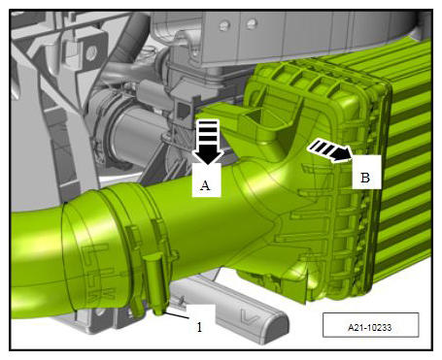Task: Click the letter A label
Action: tap(205, 185)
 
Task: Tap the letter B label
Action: tap(365, 178)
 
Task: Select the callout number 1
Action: tap(199, 327)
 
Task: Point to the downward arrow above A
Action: tap(208, 142)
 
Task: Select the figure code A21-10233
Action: tap(370, 328)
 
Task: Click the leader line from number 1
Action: tap(176, 315)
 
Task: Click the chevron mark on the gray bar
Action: tap(250, 316)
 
